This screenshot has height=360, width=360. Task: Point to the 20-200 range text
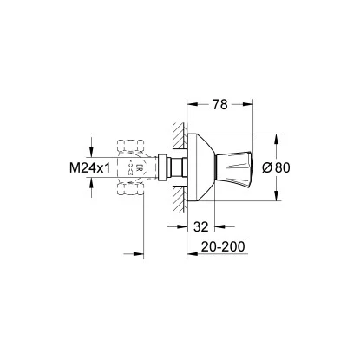coord(223,246)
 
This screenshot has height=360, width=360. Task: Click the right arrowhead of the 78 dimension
coord(255,112)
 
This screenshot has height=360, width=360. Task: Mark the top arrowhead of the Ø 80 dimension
coord(278,137)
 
